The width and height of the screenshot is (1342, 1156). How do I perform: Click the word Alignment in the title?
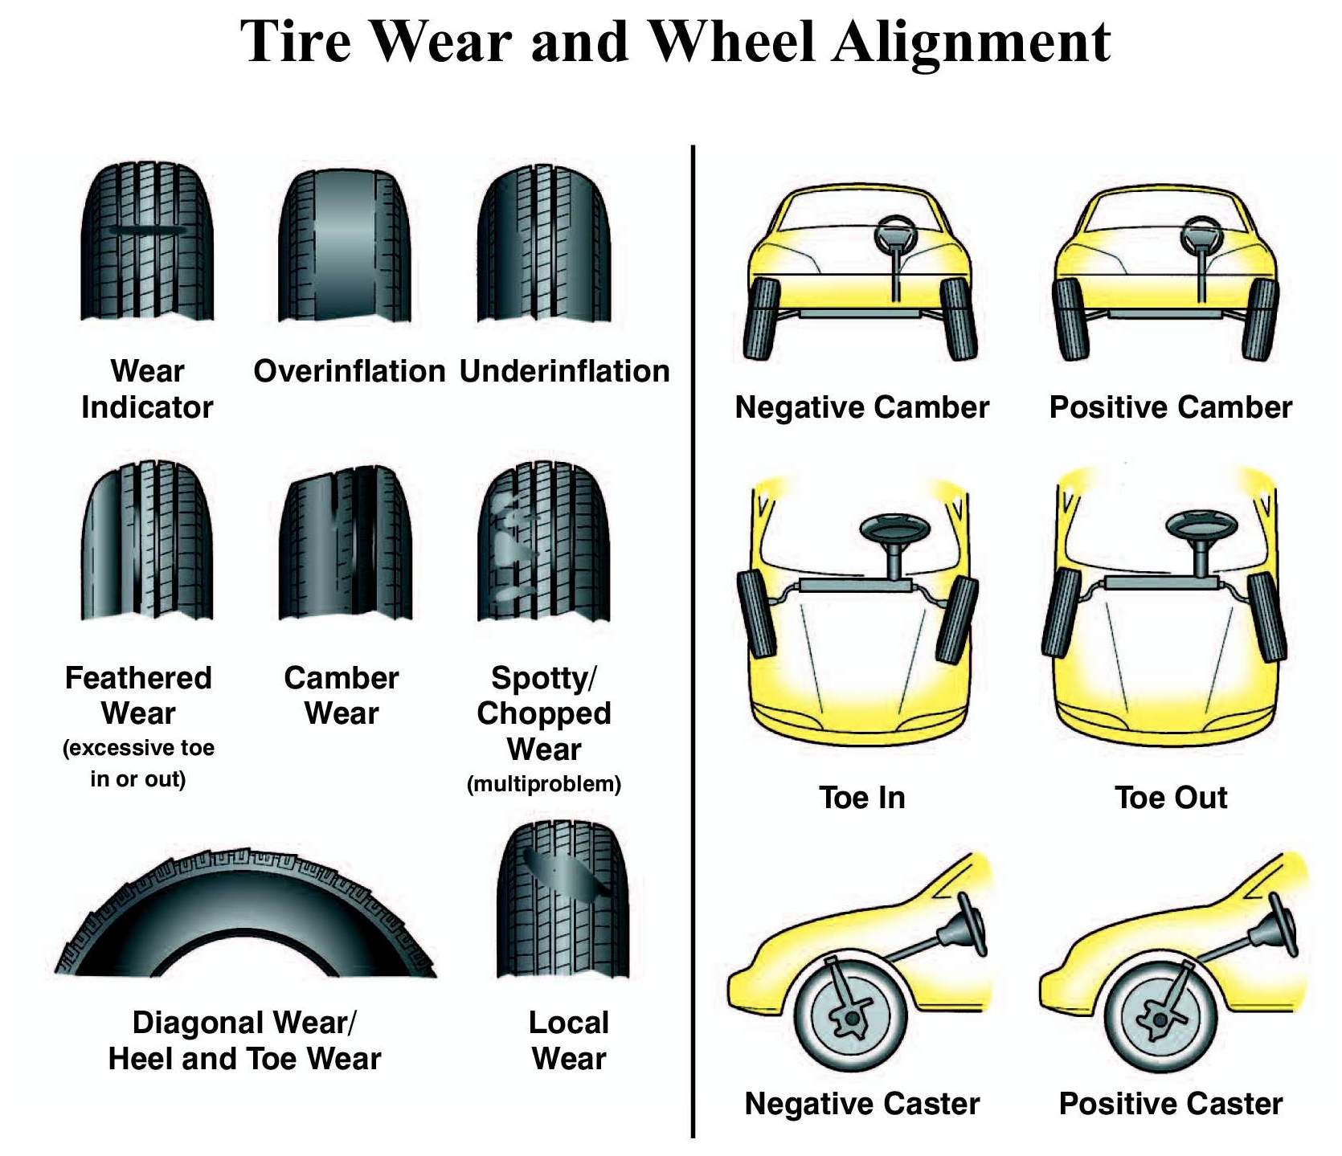pos(972,42)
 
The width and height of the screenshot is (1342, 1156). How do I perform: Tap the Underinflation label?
pos(564,371)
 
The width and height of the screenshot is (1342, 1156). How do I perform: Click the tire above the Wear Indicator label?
pos(147,241)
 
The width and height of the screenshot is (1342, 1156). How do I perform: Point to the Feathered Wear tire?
pos(146,541)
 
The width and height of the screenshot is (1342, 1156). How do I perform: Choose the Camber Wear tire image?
pos(345,544)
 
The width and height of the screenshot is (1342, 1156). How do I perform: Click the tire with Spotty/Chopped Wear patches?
pos(544,544)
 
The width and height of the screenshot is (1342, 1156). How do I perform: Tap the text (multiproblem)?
pos(544,784)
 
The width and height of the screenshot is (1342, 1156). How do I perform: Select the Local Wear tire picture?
pos(563,898)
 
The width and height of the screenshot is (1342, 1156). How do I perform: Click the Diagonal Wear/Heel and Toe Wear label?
pos(244,1040)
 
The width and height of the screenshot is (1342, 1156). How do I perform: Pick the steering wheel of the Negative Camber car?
pos(894,235)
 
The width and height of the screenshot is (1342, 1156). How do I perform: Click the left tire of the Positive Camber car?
pos(1071,319)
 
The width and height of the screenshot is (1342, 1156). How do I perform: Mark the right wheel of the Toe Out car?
pos(1266,616)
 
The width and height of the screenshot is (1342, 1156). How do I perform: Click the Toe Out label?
pos(1170,798)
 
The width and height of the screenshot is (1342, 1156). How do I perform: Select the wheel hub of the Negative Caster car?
pos(852,1017)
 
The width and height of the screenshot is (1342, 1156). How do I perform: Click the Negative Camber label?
pos(861,407)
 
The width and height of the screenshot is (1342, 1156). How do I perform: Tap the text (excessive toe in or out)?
pos(138,763)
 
